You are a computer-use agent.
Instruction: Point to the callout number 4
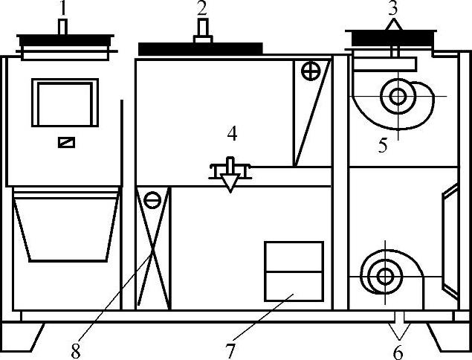point(233,134)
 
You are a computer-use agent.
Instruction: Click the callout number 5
point(383,145)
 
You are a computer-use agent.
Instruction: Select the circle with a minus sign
point(152,199)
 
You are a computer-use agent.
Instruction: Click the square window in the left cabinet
point(65,103)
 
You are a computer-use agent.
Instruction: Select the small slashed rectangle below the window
point(65,141)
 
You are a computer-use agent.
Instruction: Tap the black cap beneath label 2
point(201,48)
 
